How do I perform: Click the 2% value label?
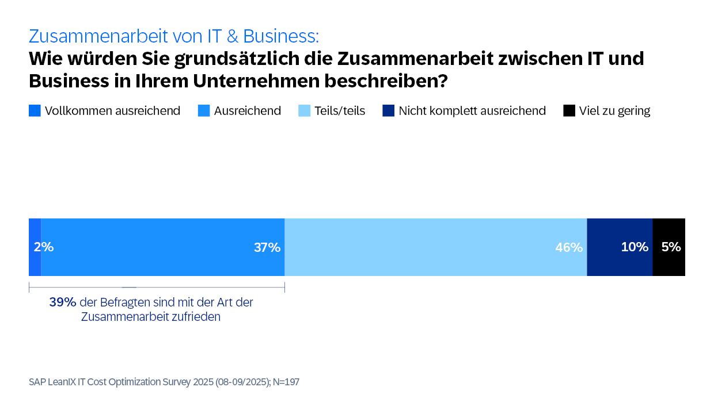pos(44,247)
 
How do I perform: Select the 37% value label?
pos(267,247)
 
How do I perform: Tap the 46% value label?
pos(569,247)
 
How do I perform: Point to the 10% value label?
pos(635,247)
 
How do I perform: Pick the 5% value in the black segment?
pos(671,247)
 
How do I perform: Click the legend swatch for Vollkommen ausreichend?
pos(35,111)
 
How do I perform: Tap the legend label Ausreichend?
pos(248,111)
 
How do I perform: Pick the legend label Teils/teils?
pos(340,111)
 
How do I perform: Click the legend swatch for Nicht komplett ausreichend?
pos(388,111)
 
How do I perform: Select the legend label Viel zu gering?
pos(614,111)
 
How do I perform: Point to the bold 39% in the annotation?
pos(63,302)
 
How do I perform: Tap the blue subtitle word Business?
pos(281,36)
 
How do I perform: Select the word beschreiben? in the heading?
pos(386,81)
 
